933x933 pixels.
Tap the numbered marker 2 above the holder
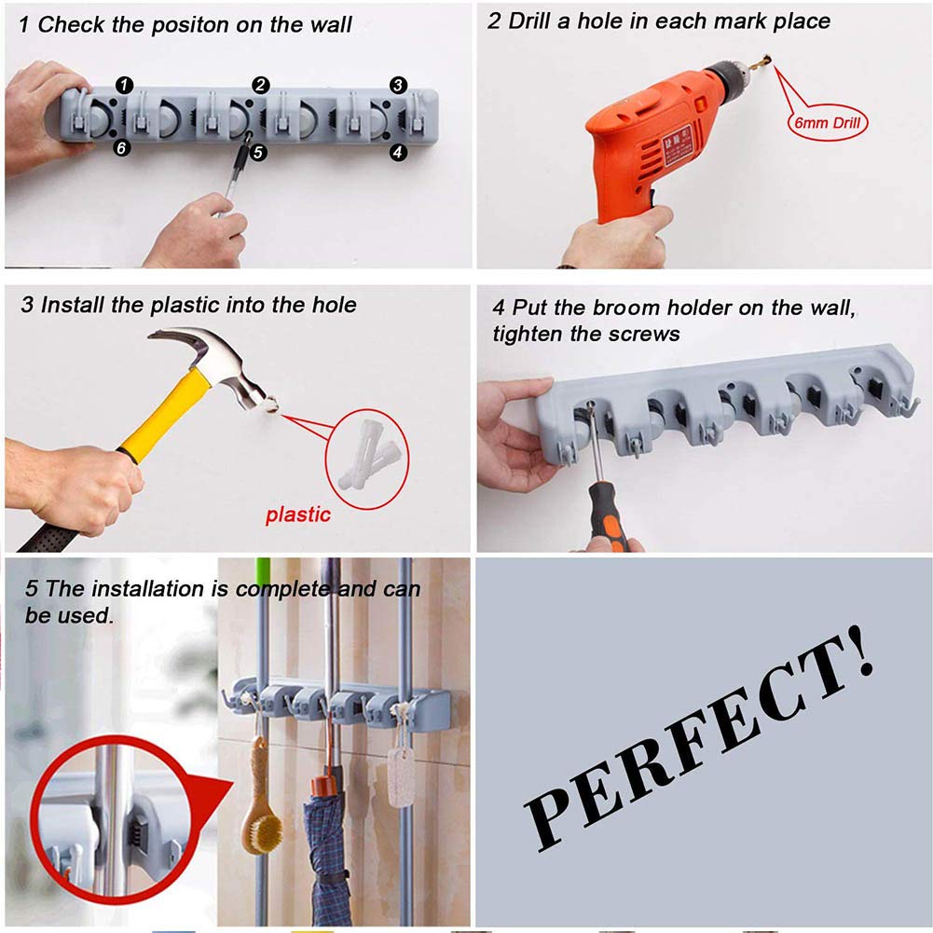pyautogui.click(x=261, y=85)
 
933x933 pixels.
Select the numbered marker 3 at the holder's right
pyautogui.click(x=398, y=85)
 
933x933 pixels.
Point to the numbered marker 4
pyautogui.click(x=398, y=151)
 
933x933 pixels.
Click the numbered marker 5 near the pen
pyautogui.click(x=259, y=152)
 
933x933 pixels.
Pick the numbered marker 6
pyautogui.click(x=122, y=148)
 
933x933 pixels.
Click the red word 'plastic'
pyautogui.click(x=297, y=515)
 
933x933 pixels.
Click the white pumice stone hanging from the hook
pyautogui.click(x=401, y=774)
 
